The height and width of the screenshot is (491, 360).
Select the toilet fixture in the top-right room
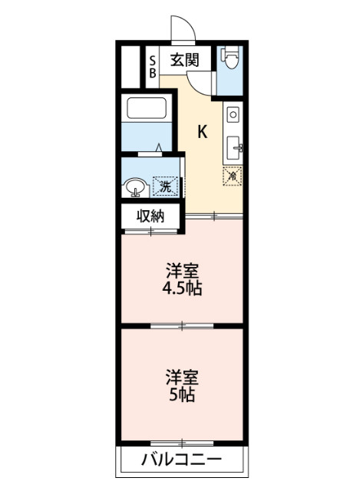(x=230, y=58)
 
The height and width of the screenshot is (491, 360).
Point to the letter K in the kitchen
(x=203, y=132)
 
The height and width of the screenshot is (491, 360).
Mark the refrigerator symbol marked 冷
(x=233, y=175)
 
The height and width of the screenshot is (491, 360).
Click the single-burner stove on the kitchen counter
(x=233, y=116)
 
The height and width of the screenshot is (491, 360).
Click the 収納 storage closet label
(x=151, y=216)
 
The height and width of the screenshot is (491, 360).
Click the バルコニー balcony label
(x=181, y=460)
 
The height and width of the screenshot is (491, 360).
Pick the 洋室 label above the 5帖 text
(x=183, y=377)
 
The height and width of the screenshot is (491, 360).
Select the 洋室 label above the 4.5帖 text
(x=183, y=271)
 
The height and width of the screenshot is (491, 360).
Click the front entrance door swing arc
(x=183, y=28)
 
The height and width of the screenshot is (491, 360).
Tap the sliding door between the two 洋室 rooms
(x=182, y=327)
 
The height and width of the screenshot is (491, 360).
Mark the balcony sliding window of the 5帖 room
(x=182, y=443)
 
